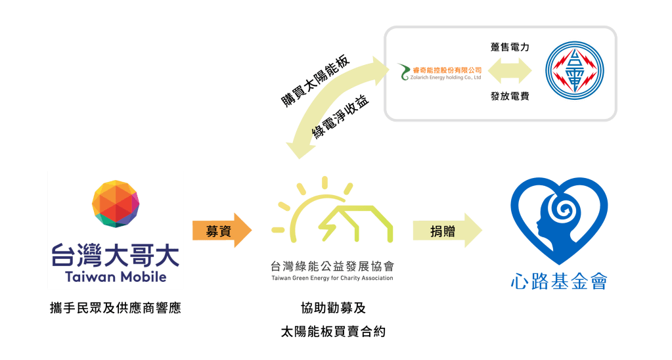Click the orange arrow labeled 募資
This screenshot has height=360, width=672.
click(x=222, y=231)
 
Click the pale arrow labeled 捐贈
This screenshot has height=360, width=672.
click(x=447, y=231)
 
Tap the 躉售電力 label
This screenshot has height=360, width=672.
click(x=510, y=47)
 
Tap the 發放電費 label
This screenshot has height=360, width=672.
click(x=510, y=97)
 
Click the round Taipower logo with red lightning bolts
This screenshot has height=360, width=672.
click(x=575, y=70)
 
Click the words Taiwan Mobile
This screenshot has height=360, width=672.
click(x=116, y=277)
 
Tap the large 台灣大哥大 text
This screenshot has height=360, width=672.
click(x=116, y=254)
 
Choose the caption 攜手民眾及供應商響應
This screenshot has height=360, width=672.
click(x=115, y=307)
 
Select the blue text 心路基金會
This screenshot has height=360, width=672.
click(x=559, y=281)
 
